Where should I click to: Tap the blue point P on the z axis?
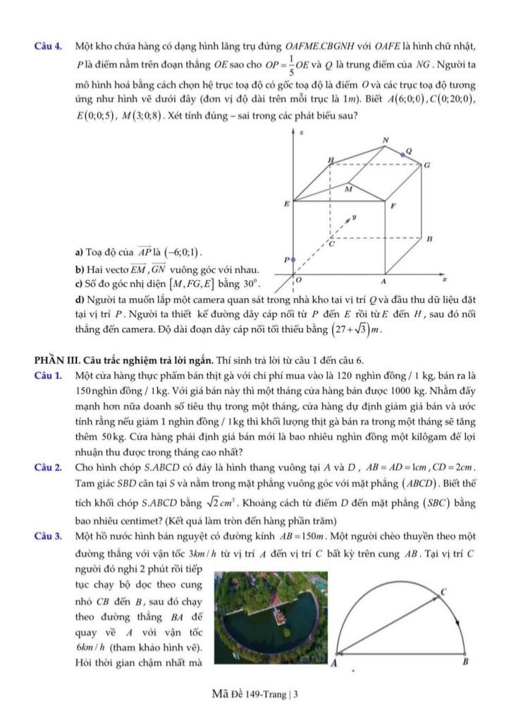click(293, 259)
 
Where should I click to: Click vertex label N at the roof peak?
click(385, 140)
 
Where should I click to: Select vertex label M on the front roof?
click(348, 188)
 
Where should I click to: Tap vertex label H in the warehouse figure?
click(331, 161)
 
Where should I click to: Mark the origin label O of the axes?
click(298, 281)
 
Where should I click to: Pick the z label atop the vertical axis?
click(302, 132)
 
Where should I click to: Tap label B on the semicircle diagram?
click(464, 663)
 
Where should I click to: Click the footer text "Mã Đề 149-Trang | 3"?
click(255, 694)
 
